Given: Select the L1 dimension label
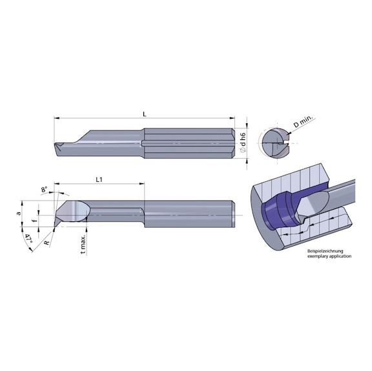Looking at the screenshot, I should click(x=100, y=179).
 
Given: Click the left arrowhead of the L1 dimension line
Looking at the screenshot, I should click(x=57, y=185).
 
